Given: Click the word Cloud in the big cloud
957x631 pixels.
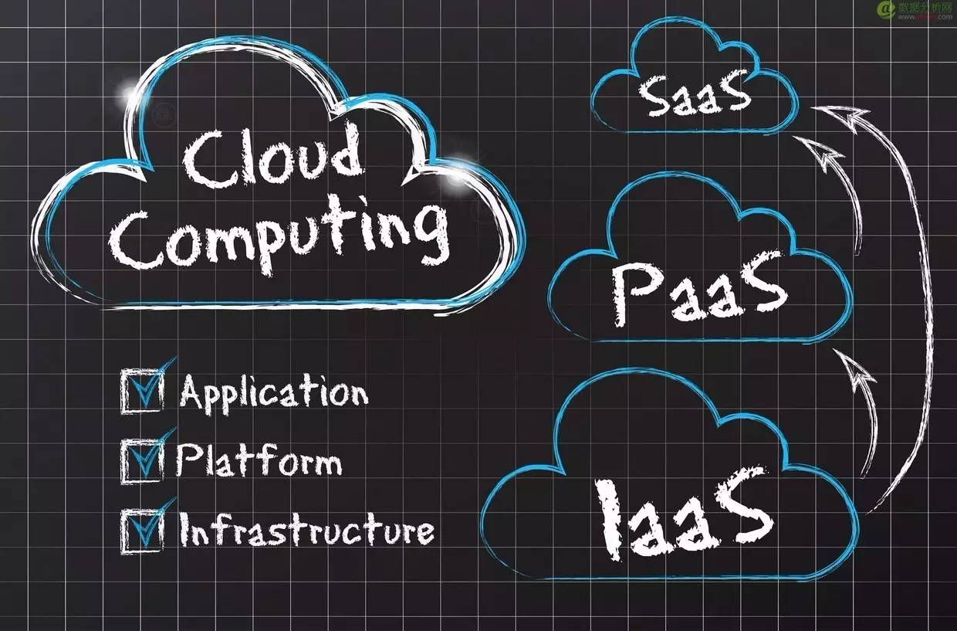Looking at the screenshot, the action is click(272, 156).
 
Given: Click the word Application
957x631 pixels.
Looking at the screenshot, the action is click(273, 393).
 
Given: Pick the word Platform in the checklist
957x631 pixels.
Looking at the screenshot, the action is click(259, 460).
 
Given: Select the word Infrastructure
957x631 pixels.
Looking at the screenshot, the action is click(306, 529).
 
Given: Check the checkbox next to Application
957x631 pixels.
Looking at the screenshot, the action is click(143, 391).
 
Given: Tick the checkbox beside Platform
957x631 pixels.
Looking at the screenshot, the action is click(143, 461).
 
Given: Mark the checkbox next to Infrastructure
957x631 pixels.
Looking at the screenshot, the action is click(143, 530).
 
